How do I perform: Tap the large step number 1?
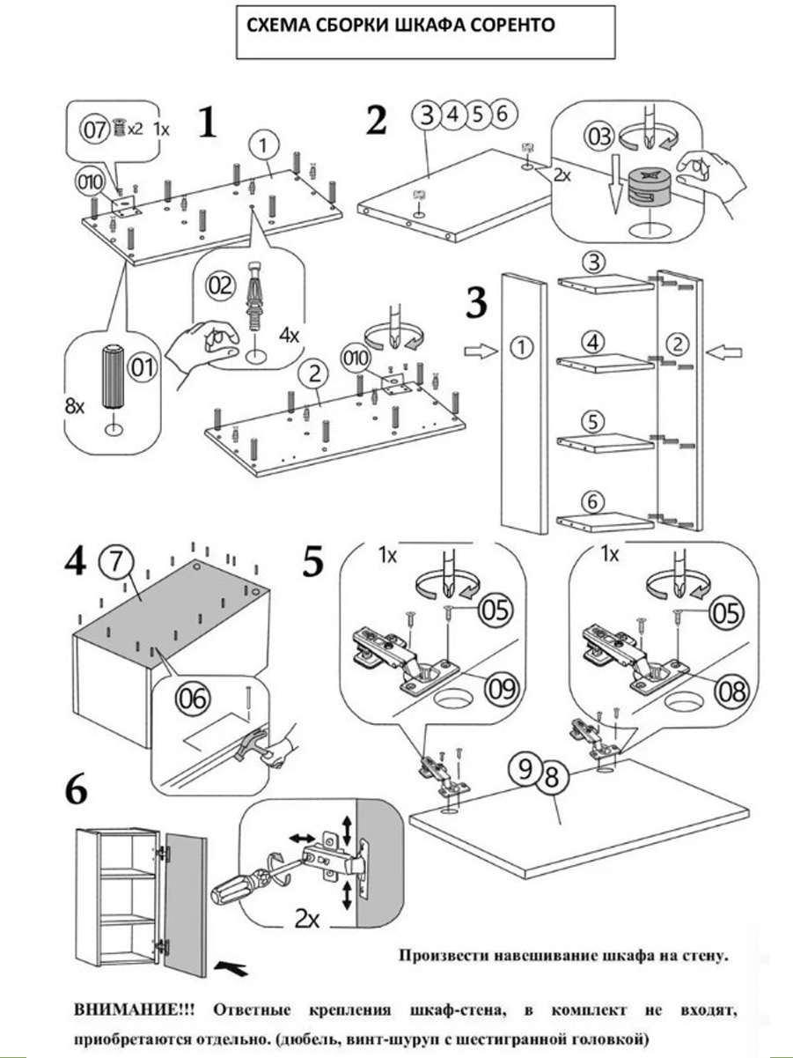[x=206, y=123]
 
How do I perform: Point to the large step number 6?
[x=77, y=791]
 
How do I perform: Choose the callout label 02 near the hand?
[x=221, y=285]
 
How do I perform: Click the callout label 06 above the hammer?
[x=193, y=699]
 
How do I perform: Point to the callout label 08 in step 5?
[x=730, y=691]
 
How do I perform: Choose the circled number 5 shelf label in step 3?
[x=594, y=422]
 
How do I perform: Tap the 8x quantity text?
[x=77, y=408]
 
